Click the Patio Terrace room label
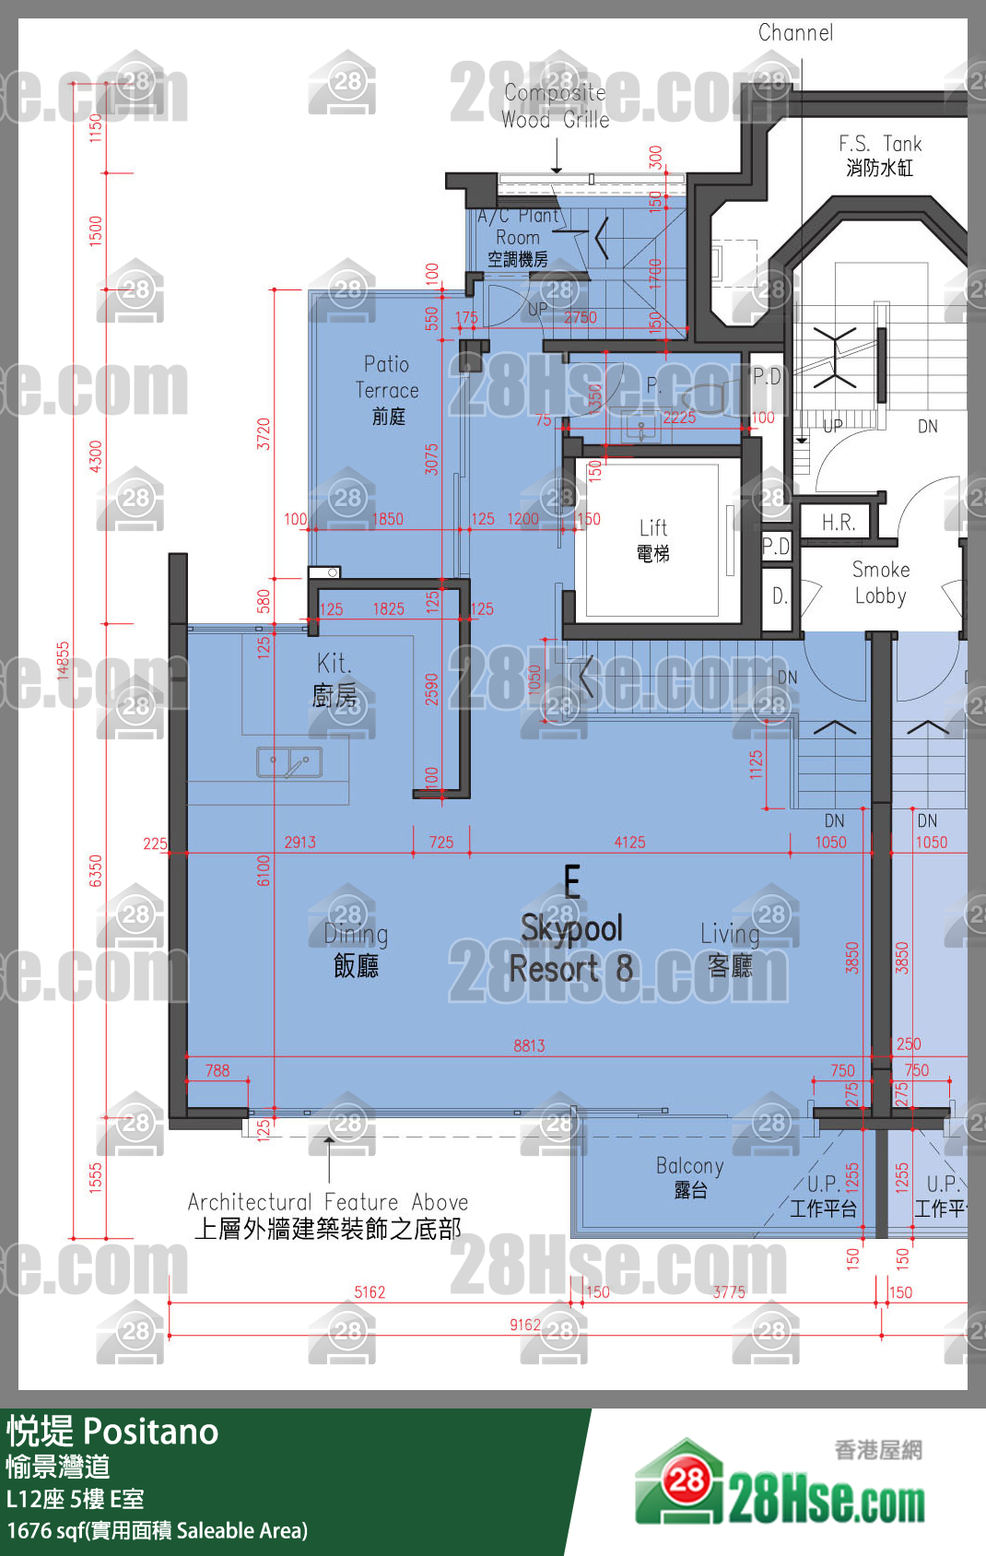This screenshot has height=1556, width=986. click(x=387, y=390)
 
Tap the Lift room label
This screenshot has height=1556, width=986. click(x=653, y=539)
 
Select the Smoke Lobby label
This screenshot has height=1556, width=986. click(x=880, y=583)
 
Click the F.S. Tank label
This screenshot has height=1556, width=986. click(x=879, y=155)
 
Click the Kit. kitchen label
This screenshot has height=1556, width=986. click(x=334, y=679)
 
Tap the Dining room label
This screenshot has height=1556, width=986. click(x=356, y=949)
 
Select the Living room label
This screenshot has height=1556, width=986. click(x=730, y=949)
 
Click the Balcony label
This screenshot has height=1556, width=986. click(x=689, y=1177)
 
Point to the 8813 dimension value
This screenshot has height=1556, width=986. click(x=529, y=1045)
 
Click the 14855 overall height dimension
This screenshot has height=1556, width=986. click(x=63, y=660)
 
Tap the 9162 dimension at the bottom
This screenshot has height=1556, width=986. click(x=525, y=1325)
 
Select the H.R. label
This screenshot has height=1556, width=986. click(x=839, y=523)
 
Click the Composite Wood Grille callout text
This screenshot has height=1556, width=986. click(x=555, y=106)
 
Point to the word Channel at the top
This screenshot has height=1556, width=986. click(x=795, y=33)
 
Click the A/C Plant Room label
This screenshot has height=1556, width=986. click(x=518, y=237)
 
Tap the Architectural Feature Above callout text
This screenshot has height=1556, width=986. click(x=328, y=1215)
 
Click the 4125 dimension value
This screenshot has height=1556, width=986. click(x=629, y=843)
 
